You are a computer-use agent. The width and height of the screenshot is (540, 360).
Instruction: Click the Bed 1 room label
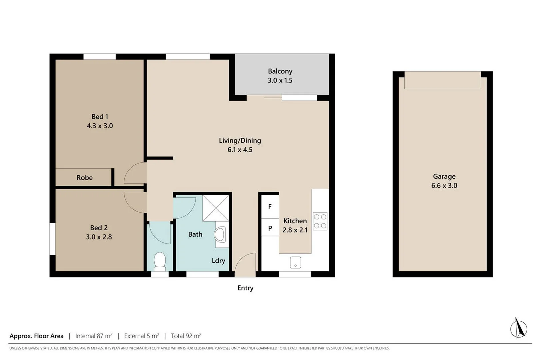[100, 117]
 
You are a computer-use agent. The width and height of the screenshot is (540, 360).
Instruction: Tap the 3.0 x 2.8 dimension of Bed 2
[99, 237]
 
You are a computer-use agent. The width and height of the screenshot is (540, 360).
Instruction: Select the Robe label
[84, 178]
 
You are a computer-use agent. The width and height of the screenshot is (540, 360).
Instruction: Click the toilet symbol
[160, 261]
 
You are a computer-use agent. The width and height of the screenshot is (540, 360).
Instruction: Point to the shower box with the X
[216, 208]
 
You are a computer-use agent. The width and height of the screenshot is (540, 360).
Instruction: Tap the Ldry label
[218, 261]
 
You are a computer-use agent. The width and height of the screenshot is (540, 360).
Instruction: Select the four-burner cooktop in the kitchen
[320, 221]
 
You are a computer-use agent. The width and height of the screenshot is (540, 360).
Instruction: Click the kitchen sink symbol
[295, 262]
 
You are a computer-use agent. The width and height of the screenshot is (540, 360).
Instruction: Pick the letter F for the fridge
[270, 207]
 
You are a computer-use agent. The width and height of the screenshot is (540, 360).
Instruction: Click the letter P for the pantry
[270, 228]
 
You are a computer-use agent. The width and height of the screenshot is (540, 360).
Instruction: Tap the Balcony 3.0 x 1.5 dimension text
[280, 80]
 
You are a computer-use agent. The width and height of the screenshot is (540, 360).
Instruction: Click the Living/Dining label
[240, 141]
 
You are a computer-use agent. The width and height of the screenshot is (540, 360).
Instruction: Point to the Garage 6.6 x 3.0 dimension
[444, 186]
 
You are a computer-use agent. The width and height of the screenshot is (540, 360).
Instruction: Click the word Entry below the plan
[245, 288]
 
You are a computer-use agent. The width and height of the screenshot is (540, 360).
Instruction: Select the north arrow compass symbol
[518, 328]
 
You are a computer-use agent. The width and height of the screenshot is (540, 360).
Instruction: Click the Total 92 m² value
[186, 336]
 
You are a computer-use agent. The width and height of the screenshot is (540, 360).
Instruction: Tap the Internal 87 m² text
[94, 336]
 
